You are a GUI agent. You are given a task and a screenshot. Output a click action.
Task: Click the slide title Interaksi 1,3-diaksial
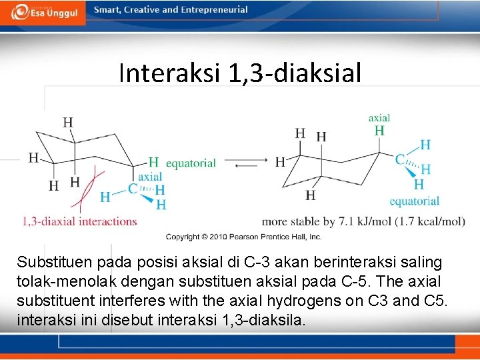tap(240, 73)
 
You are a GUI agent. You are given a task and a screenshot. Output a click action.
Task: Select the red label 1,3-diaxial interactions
tap(79, 221)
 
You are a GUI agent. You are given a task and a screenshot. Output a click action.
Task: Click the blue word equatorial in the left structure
tap(191, 163)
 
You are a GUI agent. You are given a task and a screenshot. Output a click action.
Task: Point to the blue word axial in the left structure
tap(150, 176)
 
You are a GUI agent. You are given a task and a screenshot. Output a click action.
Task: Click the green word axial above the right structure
tap(379, 118)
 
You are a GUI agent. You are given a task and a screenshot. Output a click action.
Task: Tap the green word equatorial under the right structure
tap(414, 201)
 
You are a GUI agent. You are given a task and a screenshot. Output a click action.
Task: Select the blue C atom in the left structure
tap(133, 189)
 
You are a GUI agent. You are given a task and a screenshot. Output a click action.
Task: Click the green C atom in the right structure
tap(399, 159)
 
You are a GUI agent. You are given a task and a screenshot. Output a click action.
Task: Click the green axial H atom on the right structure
tap(379, 131)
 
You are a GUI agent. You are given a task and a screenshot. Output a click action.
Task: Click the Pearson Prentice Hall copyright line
tap(243, 237)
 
